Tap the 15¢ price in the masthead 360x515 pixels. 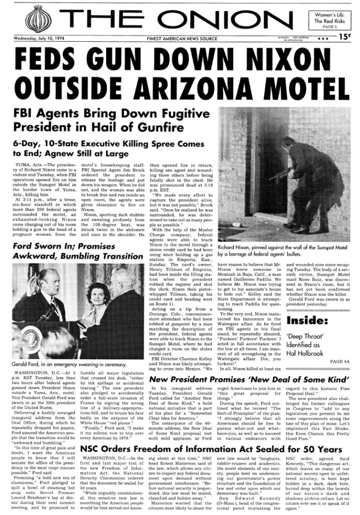344,36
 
